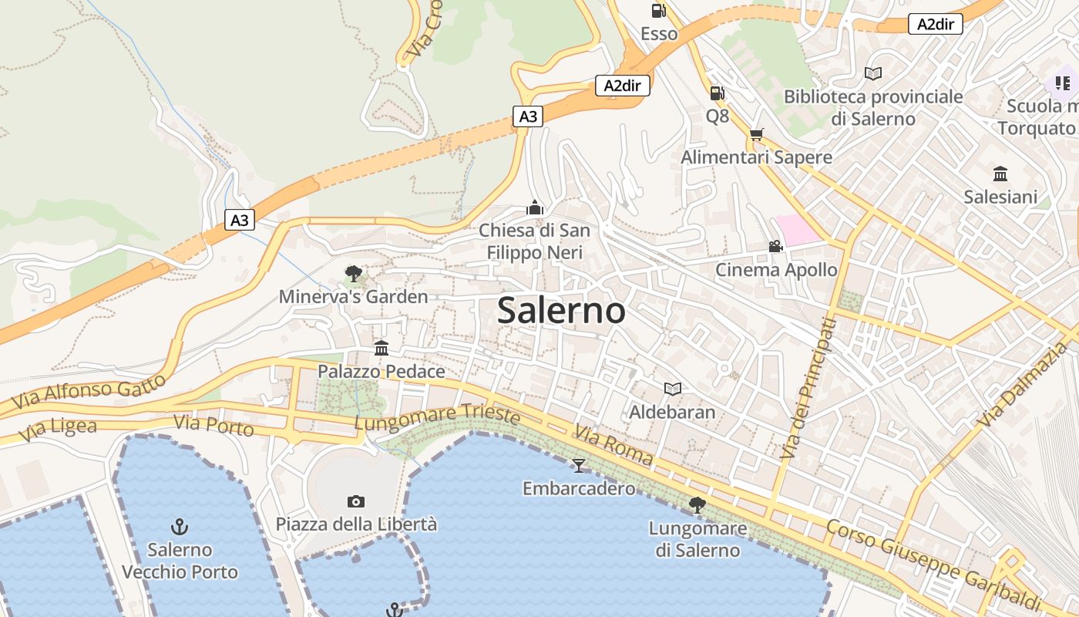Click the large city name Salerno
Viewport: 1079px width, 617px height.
561,310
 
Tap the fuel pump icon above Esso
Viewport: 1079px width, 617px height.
658,11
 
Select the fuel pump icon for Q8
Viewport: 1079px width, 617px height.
717,93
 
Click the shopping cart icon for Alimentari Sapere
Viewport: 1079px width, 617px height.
757,134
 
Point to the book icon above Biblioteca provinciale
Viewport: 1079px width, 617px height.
872,73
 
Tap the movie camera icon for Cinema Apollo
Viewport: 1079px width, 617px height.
775,246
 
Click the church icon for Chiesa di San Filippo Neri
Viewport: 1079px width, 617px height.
534,207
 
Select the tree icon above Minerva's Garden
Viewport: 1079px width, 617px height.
353,273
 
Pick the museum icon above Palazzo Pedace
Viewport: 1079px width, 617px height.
382,348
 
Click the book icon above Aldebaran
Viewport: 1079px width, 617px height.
673,389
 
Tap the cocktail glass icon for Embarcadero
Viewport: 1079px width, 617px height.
579,465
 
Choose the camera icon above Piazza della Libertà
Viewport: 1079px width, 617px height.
355,501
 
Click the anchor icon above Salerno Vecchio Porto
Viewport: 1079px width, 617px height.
180,527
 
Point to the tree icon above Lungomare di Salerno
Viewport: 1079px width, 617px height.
697,505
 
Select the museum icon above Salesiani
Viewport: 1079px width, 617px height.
1000,174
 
